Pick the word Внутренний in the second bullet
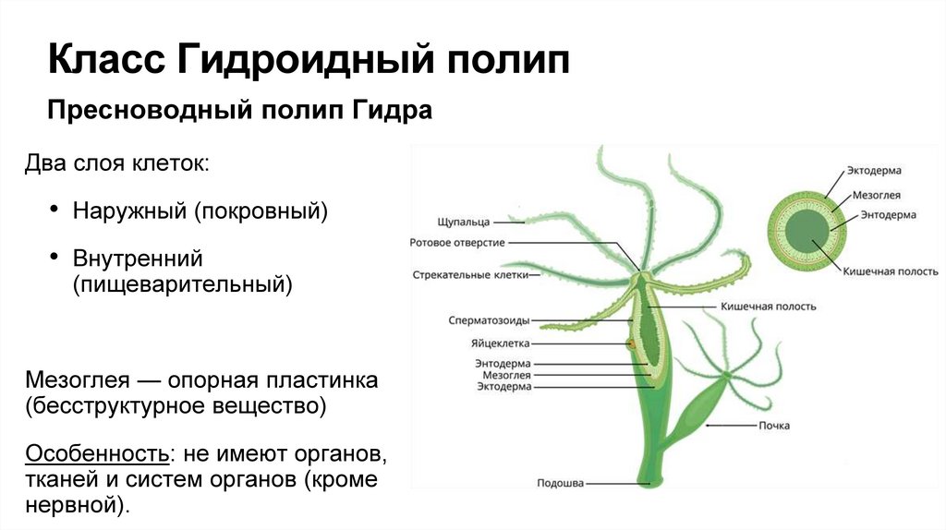coord(138,258)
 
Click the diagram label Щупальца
coord(464,223)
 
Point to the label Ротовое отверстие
coord(457,243)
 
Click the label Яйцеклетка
coord(500,343)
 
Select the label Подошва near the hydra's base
coord(560,482)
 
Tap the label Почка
coord(773,426)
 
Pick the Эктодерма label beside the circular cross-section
coord(874,171)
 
